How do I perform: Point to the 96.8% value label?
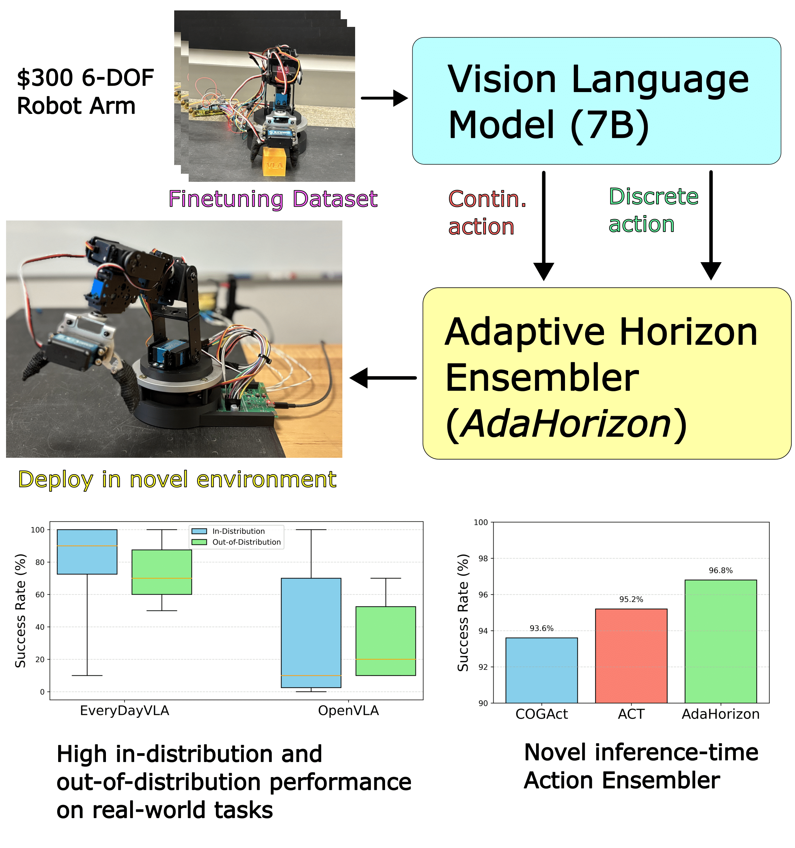pyautogui.click(x=720, y=571)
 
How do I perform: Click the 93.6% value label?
pyautogui.click(x=541, y=628)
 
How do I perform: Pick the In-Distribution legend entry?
pyautogui.click(x=238, y=531)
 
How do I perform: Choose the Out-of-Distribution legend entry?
pyautogui.click(x=246, y=542)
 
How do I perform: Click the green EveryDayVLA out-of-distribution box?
pyautogui.click(x=162, y=572)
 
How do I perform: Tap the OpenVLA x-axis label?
pyautogui.click(x=348, y=711)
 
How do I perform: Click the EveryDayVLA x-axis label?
pyautogui.click(x=125, y=711)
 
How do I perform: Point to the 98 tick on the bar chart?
pyautogui.click(x=483, y=558)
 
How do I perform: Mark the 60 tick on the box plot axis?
pyautogui.click(x=40, y=595)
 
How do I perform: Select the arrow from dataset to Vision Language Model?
pyautogui.click(x=384, y=98)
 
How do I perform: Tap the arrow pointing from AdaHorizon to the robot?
pyautogui.click(x=383, y=377)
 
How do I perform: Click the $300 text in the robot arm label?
pyautogui.click(x=45, y=78)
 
